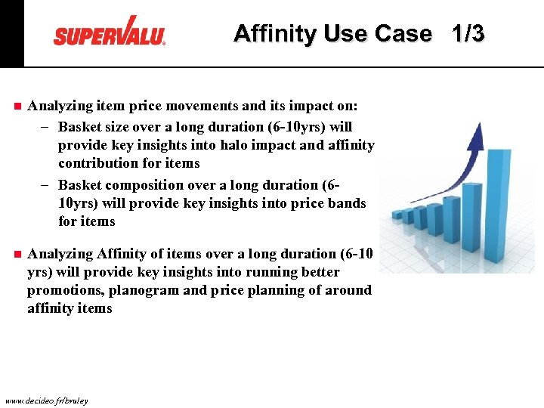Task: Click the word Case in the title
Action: click(404, 34)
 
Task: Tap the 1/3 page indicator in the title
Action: click(468, 34)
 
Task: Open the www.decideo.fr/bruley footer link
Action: click(45, 400)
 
